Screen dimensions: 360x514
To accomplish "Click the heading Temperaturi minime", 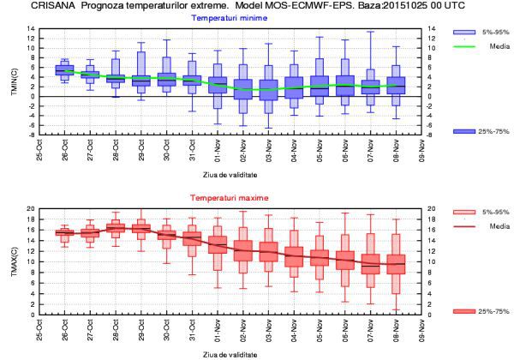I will pos(228,17).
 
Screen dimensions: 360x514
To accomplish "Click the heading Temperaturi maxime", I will pos(228,198).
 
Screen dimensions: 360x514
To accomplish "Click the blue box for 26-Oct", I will pos(64,69).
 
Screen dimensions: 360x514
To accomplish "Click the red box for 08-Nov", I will pos(396,263).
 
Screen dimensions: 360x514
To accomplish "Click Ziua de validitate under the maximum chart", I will pos(228,353).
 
